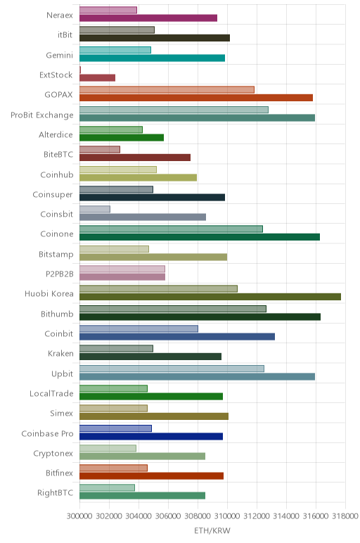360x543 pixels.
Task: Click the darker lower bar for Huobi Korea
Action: coord(210,297)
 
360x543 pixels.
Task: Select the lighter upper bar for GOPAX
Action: coord(167,90)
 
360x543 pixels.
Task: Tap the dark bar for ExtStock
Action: coord(97,78)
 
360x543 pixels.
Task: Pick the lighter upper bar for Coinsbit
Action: coord(95,209)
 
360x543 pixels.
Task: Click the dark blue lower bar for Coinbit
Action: coord(177,337)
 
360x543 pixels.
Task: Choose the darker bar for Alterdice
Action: coord(122,137)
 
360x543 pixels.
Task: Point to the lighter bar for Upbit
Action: coord(172,369)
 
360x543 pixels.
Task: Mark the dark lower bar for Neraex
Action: coord(148,18)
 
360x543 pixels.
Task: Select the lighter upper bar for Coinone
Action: coord(171,229)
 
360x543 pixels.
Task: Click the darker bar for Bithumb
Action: coord(200,317)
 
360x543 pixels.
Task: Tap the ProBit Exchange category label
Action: coord(42,115)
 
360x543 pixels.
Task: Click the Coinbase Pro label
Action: coord(47,433)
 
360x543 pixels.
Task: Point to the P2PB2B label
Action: coord(60,274)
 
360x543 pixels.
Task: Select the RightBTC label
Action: coord(56,493)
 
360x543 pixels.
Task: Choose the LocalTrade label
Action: coord(51,394)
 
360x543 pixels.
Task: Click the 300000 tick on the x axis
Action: coord(79,516)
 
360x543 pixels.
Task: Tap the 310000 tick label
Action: coord(227,516)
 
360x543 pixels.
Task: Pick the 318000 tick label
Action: coord(345,516)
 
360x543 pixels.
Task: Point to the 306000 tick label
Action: coord(168,516)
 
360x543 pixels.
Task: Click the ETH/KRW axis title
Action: coord(212,530)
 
